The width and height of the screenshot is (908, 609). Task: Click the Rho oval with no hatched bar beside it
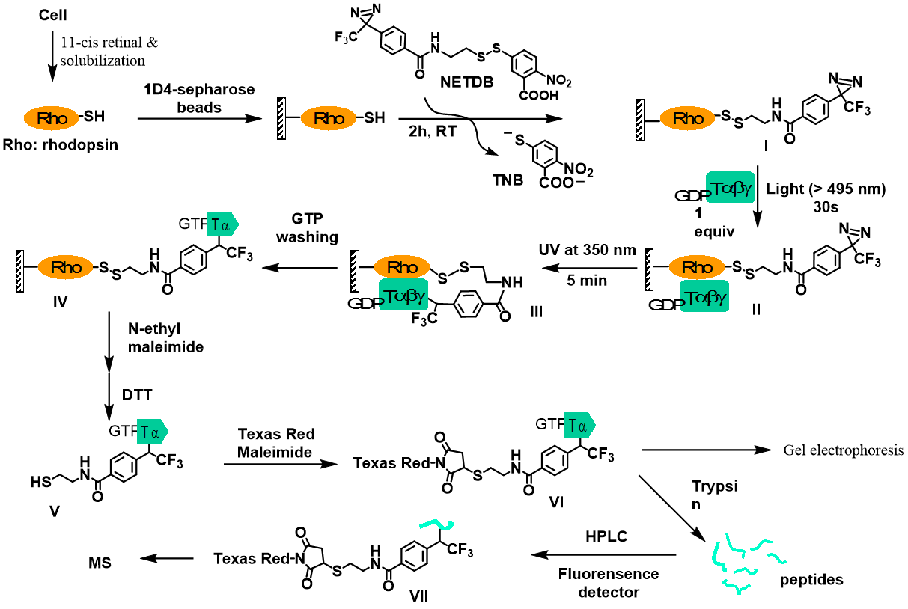click(x=51, y=118)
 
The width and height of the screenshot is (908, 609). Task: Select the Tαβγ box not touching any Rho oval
click(x=731, y=187)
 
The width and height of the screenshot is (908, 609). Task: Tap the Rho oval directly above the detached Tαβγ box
click(x=687, y=118)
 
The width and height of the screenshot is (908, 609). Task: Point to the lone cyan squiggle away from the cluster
click(x=437, y=524)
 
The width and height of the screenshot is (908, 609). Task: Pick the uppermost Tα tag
click(x=222, y=224)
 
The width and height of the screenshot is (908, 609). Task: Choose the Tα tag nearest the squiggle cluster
click(x=579, y=425)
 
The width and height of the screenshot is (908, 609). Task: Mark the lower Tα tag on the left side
click(x=152, y=431)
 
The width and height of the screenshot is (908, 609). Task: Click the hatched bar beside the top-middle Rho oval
click(x=281, y=118)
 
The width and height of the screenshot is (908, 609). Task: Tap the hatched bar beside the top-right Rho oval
click(x=640, y=120)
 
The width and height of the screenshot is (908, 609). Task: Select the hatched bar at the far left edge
click(x=20, y=271)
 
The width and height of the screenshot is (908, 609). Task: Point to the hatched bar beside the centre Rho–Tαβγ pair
click(x=355, y=271)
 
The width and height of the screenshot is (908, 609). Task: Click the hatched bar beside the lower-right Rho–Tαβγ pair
click(x=650, y=270)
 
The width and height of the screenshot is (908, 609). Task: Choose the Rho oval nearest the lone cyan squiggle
click(x=402, y=267)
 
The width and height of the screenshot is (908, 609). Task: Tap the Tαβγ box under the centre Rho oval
click(x=403, y=295)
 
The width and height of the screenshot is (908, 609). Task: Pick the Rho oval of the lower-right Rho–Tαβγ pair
click(x=697, y=267)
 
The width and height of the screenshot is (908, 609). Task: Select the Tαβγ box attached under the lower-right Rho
click(x=704, y=296)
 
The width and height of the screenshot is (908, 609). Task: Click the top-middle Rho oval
click(x=329, y=118)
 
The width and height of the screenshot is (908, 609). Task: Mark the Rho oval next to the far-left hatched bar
click(x=66, y=267)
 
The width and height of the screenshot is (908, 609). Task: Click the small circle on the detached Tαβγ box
click(x=708, y=193)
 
